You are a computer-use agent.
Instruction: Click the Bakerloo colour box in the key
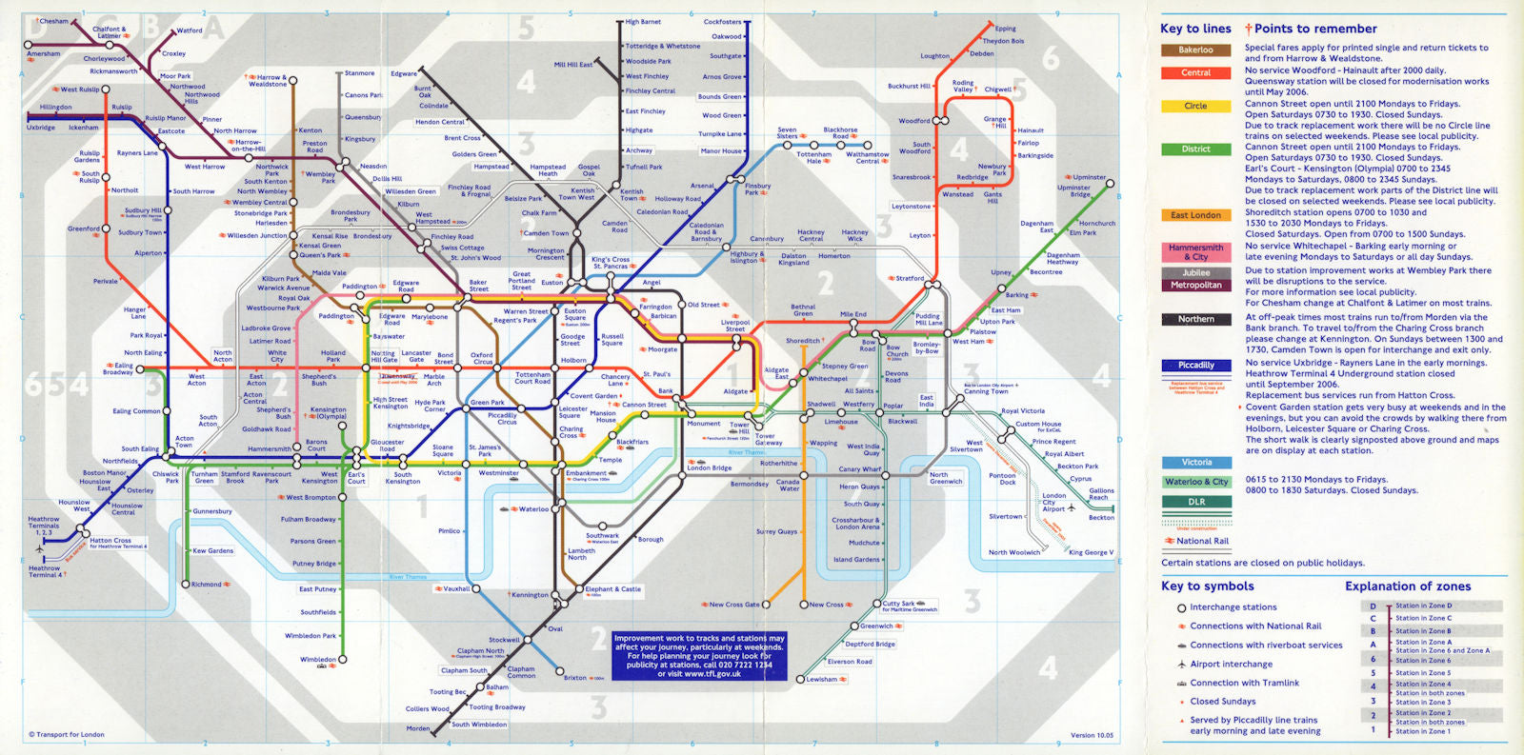click(x=1195, y=50)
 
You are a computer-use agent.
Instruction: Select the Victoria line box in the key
click(x=1196, y=463)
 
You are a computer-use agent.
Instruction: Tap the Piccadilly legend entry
click(x=1196, y=366)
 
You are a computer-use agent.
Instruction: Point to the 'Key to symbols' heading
click(x=1207, y=586)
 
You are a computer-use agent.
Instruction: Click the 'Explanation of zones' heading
click(x=1407, y=586)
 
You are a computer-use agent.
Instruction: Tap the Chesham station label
click(x=53, y=21)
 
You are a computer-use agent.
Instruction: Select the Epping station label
click(x=1005, y=29)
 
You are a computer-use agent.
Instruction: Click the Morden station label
click(x=418, y=728)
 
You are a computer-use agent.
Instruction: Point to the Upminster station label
click(x=1090, y=177)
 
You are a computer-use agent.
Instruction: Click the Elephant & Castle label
click(x=612, y=589)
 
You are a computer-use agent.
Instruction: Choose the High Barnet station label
click(x=643, y=22)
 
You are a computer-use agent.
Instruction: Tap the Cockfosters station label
click(x=722, y=22)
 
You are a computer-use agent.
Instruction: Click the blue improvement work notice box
click(x=699, y=656)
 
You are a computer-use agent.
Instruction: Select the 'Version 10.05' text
click(x=1092, y=735)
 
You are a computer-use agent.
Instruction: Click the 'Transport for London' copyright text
click(x=67, y=735)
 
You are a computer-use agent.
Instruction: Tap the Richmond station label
click(x=206, y=585)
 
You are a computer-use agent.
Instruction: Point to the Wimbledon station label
click(x=317, y=659)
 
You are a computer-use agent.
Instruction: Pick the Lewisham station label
click(x=821, y=680)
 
